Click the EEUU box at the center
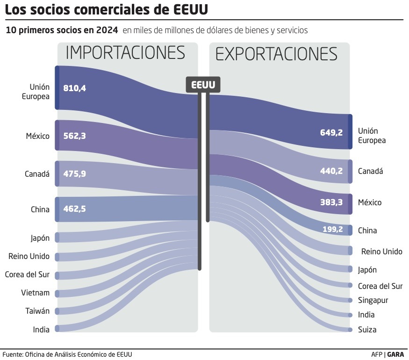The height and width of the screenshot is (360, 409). (x=203, y=85)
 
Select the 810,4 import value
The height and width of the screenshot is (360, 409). (x=75, y=88)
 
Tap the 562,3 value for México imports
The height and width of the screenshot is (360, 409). (x=75, y=136)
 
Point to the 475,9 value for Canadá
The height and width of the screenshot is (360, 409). (x=75, y=173)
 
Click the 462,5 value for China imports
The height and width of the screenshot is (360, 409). (x=75, y=209)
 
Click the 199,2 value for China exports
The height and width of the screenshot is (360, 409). (x=332, y=230)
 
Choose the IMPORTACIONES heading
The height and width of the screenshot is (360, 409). (x=125, y=53)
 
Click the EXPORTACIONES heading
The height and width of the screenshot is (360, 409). (x=276, y=54)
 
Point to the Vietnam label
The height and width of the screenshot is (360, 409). (x=36, y=293)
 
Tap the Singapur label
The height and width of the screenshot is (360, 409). (x=373, y=300)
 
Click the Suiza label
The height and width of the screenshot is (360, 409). (x=367, y=330)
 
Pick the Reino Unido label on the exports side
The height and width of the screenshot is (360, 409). (x=381, y=252)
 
